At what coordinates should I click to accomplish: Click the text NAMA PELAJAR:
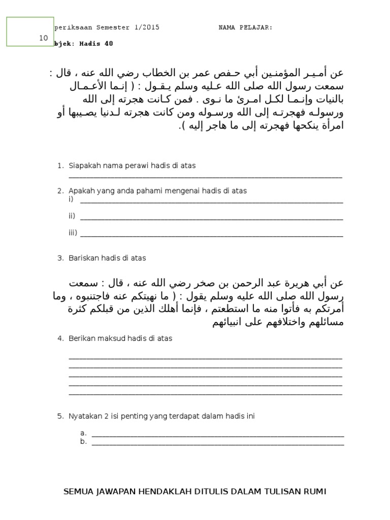(245, 28)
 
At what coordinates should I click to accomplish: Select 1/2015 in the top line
(147, 28)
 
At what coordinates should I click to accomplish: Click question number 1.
(59, 166)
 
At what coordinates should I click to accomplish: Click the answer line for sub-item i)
(211, 202)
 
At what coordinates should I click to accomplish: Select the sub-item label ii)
(72, 216)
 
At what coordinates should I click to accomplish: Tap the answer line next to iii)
(211, 236)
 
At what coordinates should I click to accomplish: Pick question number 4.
(59, 338)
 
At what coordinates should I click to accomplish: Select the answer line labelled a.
(217, 436)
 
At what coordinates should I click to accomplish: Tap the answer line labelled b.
(217, 444)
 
